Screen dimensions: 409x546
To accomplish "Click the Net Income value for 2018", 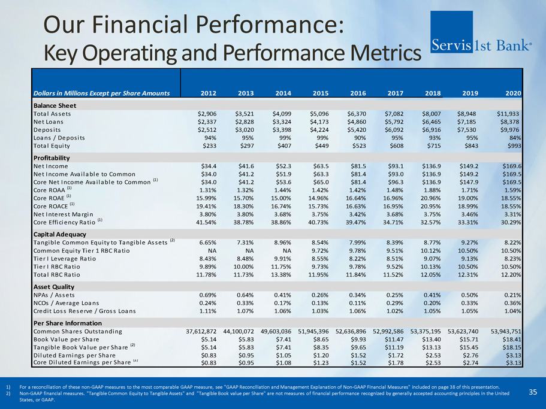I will tap(435, 166).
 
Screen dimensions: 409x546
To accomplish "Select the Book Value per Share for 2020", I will tap(509, 340).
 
